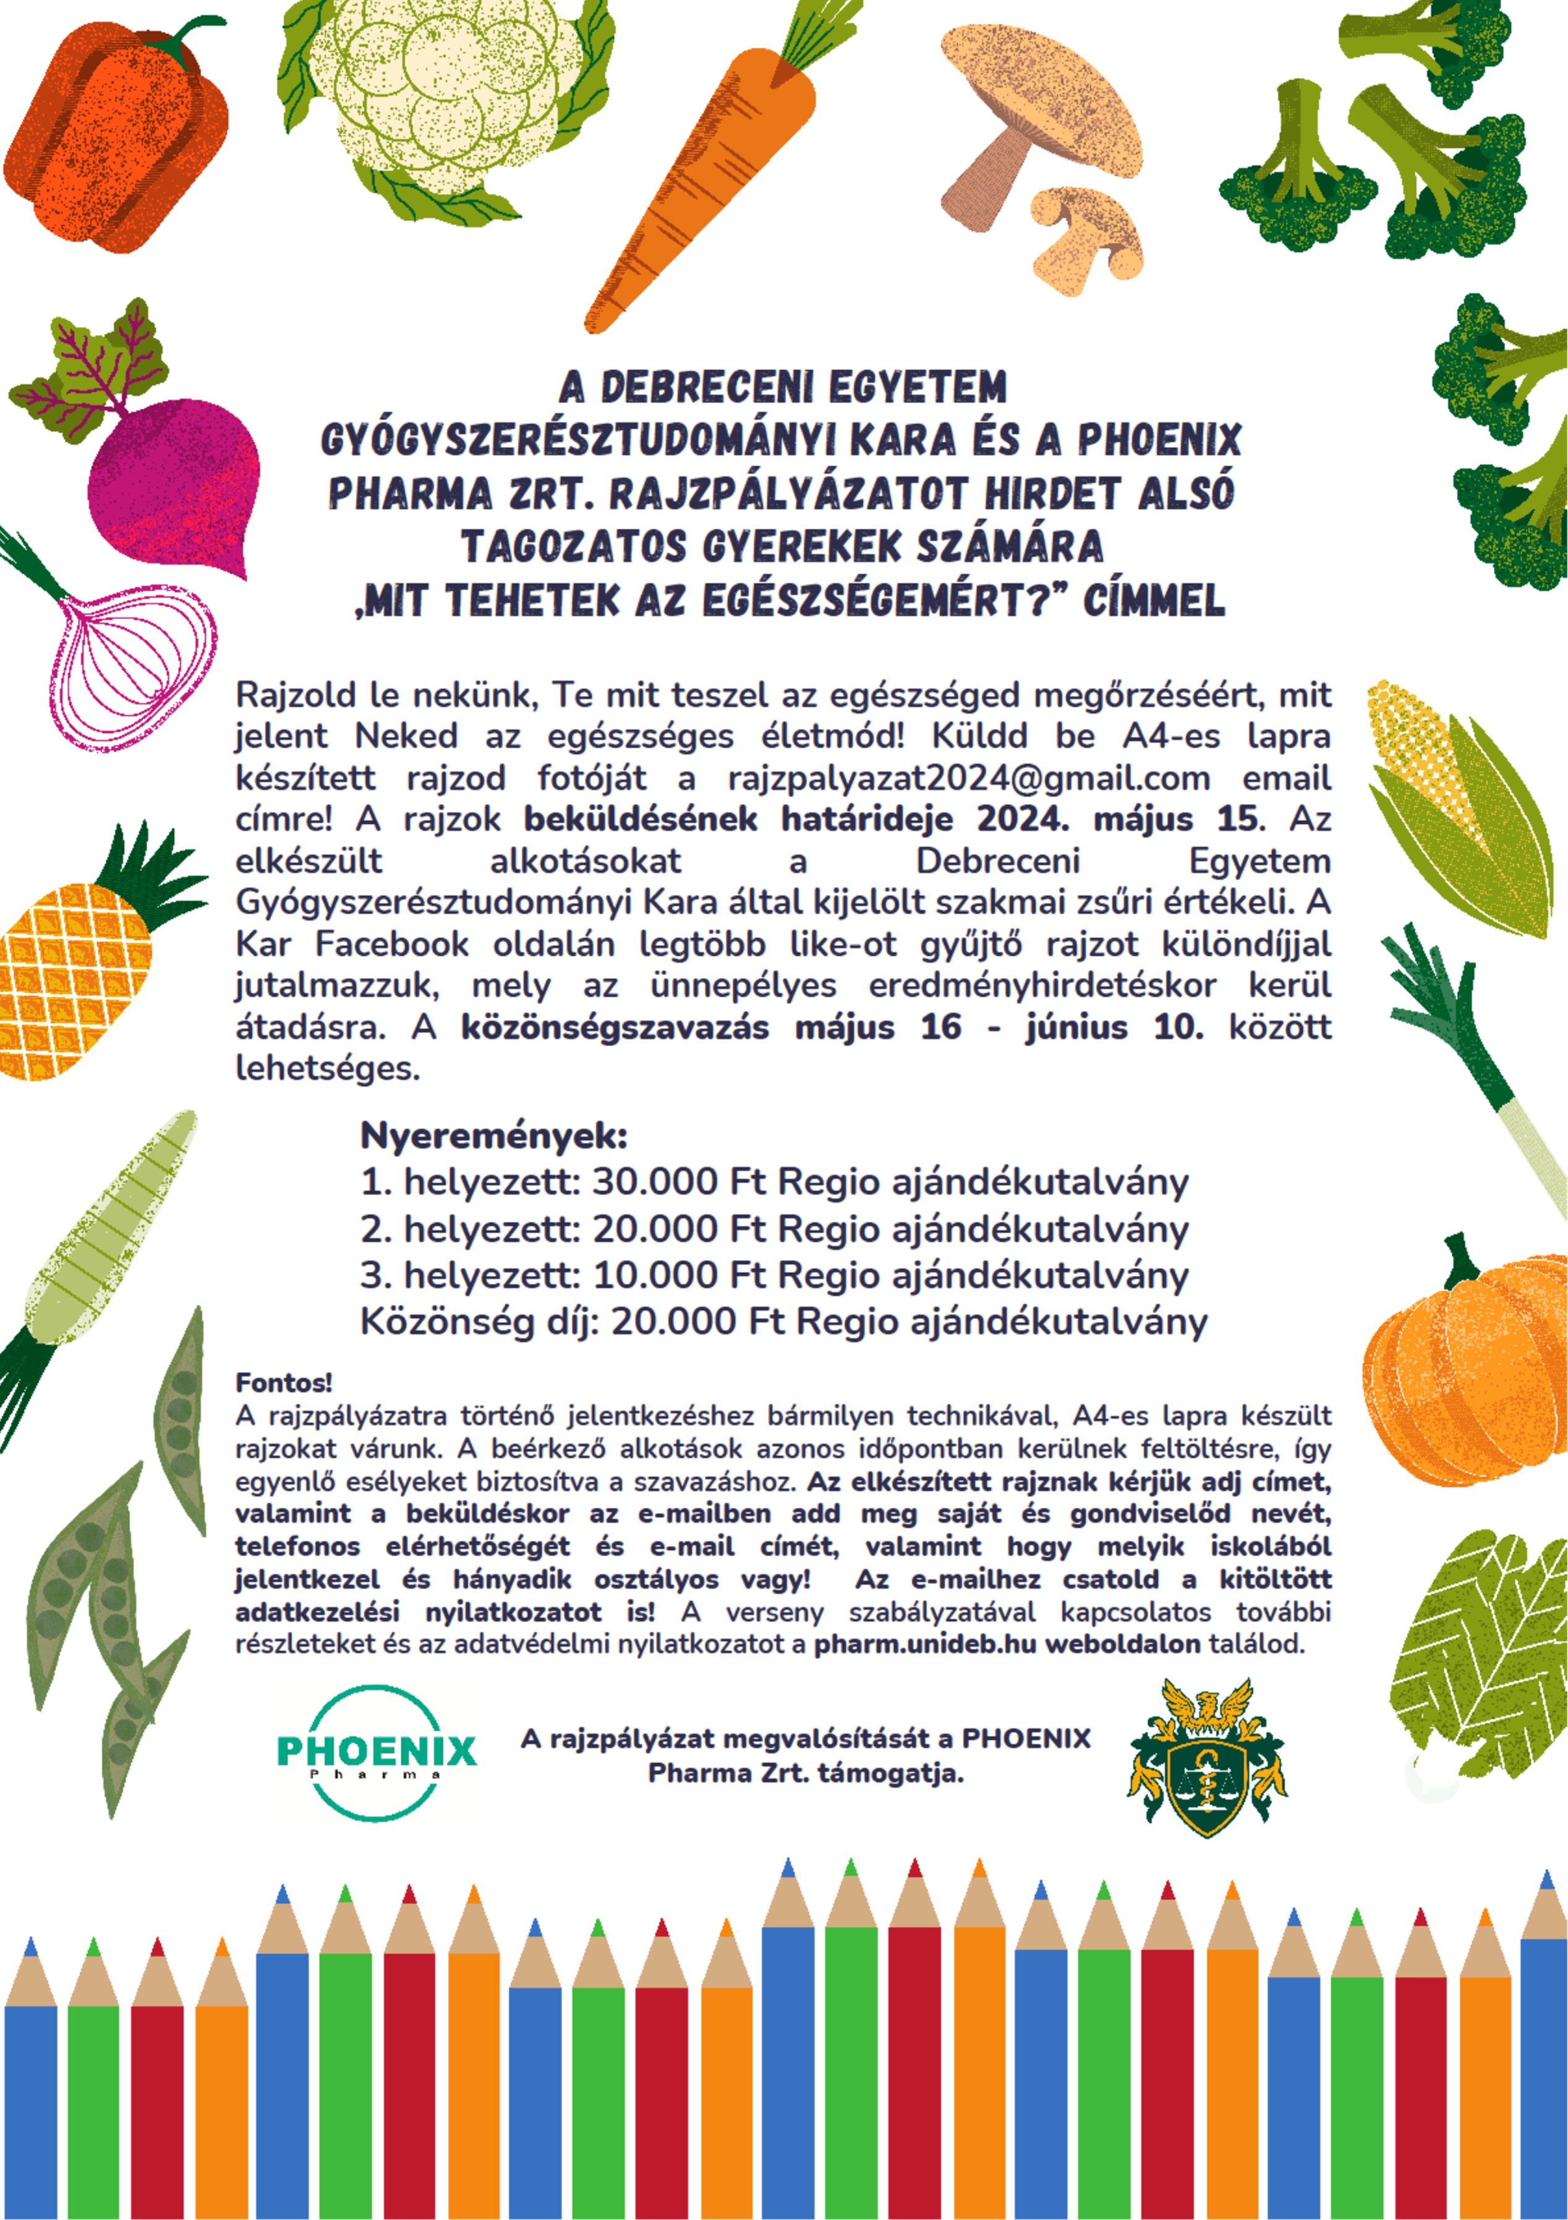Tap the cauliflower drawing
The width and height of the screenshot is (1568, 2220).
point(445,101)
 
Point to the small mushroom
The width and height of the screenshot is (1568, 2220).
point(1088,237)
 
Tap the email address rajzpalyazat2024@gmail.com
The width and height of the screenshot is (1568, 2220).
point(969,778)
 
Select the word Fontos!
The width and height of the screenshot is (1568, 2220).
point(283,1382)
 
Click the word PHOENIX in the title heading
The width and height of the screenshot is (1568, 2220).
point(1159,440)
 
